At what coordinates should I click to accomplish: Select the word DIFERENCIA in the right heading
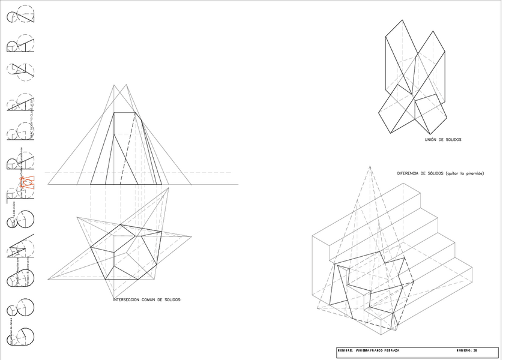pos(410,173)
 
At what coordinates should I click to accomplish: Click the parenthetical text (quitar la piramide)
pos(461,173)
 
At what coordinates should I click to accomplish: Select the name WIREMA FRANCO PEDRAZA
pos(378,350)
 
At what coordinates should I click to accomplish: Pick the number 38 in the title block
pos(475,350)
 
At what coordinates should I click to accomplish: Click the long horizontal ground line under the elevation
pos(144,184)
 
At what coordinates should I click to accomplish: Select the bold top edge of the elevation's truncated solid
pos(124,112)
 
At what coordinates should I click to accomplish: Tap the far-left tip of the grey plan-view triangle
pos(49,280)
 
